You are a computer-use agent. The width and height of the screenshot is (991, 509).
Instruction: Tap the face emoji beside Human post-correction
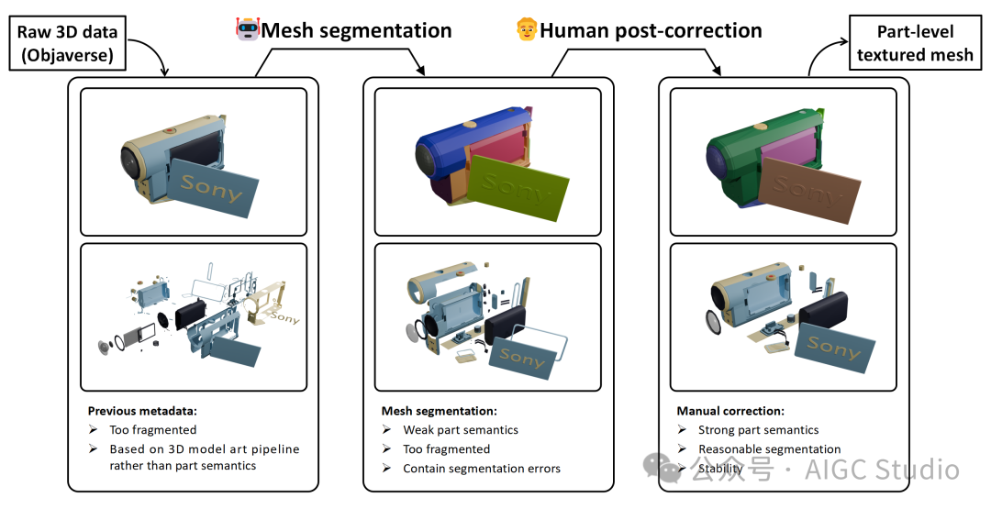[527, 30]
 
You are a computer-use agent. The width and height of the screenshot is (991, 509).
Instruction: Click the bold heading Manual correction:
[730, 411]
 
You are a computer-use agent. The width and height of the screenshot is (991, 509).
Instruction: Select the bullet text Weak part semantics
[461, 430]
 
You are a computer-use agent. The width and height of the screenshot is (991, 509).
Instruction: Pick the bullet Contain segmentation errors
[482, 469]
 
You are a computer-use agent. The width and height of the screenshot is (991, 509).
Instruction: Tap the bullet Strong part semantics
[759, 430]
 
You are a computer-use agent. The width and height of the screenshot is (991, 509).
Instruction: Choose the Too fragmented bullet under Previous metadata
[152, 430]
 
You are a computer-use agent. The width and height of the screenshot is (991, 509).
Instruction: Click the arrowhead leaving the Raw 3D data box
[166, 73]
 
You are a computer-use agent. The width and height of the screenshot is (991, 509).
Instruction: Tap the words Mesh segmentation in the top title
[356, 30]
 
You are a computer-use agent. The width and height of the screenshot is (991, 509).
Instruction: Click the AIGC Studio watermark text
[881, 470]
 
